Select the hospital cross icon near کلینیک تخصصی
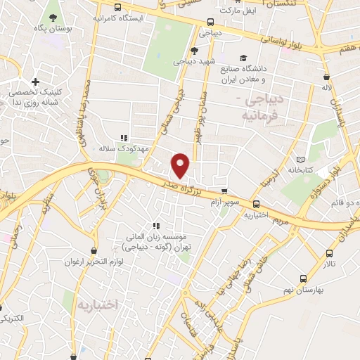point(35,82)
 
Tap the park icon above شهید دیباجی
point(194,50)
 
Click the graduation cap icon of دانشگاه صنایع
point(243,58)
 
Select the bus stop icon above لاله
point(326,77)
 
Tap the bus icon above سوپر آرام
point(224,191)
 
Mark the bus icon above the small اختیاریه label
point(255,205)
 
